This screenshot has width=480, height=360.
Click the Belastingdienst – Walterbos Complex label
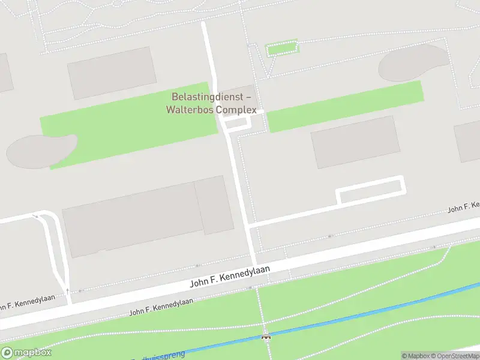tap(214, 103)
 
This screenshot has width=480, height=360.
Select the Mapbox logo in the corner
tap(26, 353)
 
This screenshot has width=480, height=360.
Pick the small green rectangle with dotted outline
tap(281, 47)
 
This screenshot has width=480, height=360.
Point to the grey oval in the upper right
tap(413, 63)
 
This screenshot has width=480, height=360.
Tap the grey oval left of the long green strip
tap(41, 149)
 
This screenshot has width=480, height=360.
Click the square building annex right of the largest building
tap(214, 205)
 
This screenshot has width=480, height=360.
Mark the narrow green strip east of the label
tap(344, 106)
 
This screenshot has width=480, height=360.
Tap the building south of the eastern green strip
tap(355, 142)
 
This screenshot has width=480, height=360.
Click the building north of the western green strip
tap(112, 72)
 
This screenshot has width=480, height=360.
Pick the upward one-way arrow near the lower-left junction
tap(67, 290)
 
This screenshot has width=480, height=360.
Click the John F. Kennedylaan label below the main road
tap(161, 306)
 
